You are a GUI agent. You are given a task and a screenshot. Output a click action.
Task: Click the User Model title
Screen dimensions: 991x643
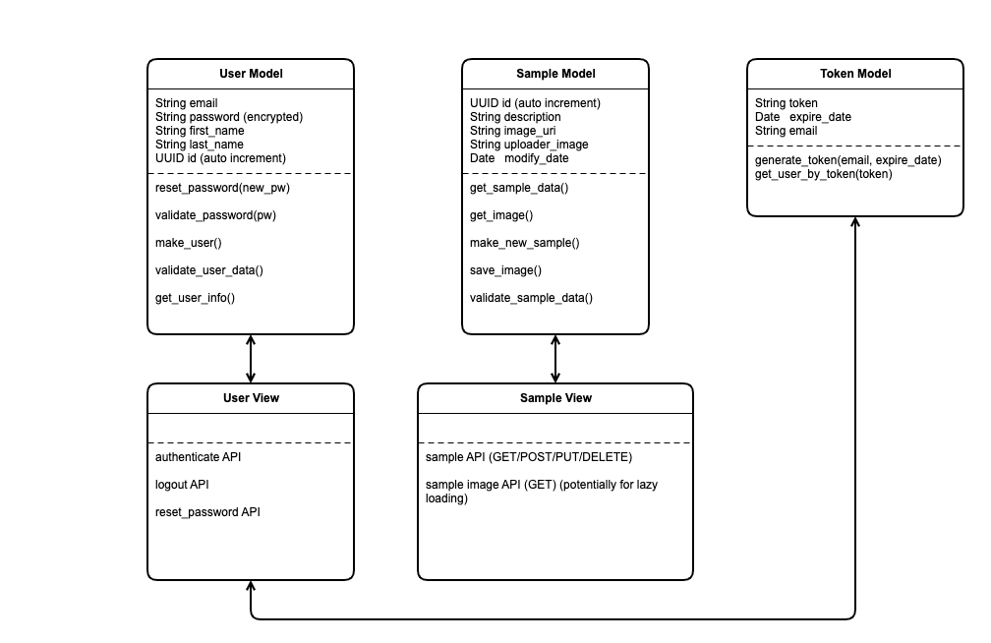point(251,74)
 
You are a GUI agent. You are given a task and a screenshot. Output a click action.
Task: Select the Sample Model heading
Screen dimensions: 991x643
point(555,74)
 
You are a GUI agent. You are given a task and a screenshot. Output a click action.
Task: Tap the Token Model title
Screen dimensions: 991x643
point(855,74)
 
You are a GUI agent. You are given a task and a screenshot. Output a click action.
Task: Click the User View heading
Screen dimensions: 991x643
point(251,397)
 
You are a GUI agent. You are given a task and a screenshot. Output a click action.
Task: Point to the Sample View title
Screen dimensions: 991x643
point(555,397)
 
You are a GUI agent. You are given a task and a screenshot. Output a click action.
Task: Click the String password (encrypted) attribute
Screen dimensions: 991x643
point(229,117)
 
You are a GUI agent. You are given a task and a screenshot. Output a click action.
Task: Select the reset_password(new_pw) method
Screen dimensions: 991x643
point(222,188)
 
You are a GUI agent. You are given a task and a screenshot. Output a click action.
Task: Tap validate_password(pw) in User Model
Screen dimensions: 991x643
point(215,215)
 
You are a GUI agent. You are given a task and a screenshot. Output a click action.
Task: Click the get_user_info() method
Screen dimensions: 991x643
point(195,298)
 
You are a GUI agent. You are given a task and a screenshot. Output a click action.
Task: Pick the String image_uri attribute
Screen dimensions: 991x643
point(512,131)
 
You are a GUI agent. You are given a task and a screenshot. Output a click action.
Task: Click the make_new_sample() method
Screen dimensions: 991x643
point(525,243)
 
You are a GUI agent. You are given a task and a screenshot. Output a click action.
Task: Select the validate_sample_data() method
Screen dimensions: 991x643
point(531,298)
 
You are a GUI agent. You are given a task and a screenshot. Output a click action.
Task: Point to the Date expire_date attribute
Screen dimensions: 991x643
point(802,117)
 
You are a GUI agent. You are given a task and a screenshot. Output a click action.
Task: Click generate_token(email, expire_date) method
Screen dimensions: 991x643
point(848,160)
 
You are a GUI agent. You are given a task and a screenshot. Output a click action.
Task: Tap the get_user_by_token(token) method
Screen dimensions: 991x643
point(824,174)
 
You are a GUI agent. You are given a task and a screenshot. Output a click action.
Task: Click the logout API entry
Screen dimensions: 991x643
point(182,485)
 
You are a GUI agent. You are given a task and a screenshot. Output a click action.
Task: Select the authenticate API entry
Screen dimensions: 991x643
point(198,457)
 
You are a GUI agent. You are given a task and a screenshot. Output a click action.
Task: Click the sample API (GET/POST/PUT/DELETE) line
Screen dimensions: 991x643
point(529,457)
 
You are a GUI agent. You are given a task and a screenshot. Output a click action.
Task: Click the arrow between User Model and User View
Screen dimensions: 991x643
point(251,359)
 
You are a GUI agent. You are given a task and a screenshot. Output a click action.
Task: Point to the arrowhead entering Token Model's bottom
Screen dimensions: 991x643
point(855,222)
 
